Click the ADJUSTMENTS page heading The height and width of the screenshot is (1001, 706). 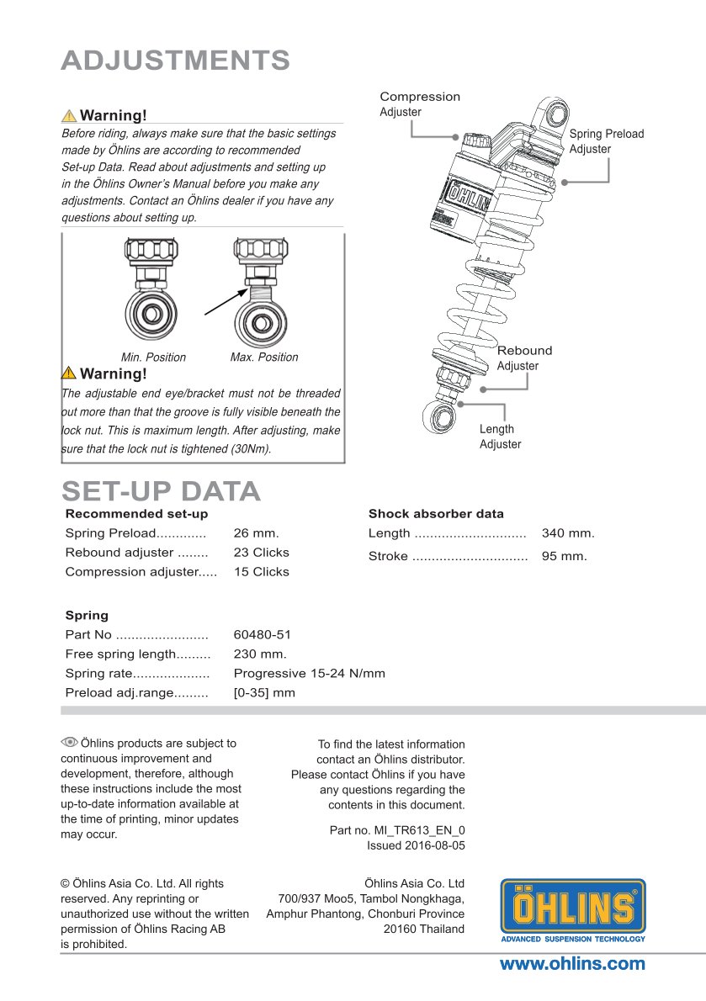[176, 61]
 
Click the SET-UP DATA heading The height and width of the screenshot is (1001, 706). [161, 491]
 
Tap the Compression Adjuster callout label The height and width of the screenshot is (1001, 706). [419, 104]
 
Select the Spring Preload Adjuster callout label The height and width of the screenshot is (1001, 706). [606, 141]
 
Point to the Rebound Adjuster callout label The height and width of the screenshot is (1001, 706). [524, 357]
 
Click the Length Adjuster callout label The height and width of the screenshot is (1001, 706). [500, 437]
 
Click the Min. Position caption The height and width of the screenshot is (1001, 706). [153, 357]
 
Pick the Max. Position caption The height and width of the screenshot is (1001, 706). [264, 357]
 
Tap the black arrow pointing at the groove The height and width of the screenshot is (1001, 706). [226, 301]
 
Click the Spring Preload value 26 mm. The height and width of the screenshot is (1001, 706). [256, 533]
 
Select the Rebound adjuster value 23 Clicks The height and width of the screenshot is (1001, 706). [261, 553]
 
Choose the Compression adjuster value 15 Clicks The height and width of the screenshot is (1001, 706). [261, 572]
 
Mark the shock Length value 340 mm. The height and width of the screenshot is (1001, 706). [568, 533]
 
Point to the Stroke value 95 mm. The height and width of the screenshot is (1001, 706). [564, 556]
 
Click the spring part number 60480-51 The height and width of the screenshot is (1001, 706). [262, 635]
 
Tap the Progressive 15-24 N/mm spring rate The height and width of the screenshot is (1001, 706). [309, 673]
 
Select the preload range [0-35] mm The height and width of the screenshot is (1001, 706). [264, 693]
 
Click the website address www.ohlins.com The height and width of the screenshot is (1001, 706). [572, 964]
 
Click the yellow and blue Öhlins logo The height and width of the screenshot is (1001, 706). [573, 909]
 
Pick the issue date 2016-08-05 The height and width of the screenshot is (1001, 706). [434, 845]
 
